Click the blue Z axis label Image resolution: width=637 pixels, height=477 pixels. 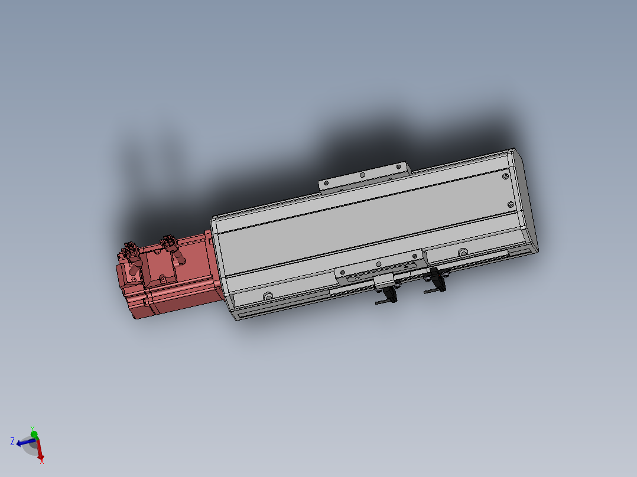pyautogui.click(x=12, y=441)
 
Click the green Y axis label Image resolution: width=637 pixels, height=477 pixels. pyautogui.click(x=32, y=427)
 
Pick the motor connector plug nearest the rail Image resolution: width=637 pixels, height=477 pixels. pyautogui.click(x=169, y=242)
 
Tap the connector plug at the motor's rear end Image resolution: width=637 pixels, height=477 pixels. pyautogui.click(x=130, y=250)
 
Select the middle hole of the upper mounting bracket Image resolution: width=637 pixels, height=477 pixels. pyautogui.click(x=362, y=175)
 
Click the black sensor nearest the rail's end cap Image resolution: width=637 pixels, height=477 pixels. pyautogui.click(x=437, y=277)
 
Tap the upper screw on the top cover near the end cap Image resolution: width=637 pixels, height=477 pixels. pyautogui.click(x=505, y=175)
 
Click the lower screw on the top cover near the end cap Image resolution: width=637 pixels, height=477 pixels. pyautogui.click(x=512, y=204)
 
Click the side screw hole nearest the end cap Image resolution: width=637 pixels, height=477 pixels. pyautogui.click(x=463, y=253)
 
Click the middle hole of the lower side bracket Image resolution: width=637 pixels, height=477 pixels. pyautogui.click(x=379, y=264)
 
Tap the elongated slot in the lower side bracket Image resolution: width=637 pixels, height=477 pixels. pyautogui.click(x=357, y=277)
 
